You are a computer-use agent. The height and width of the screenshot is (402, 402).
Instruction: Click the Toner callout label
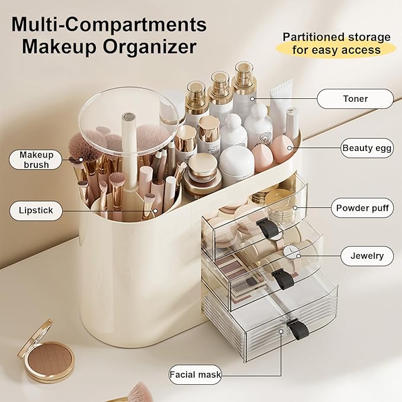(x=355, y=99)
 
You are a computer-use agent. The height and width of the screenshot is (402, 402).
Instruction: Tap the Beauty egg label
(x=367, y=148)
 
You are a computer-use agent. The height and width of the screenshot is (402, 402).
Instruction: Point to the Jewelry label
(x=366, y=256)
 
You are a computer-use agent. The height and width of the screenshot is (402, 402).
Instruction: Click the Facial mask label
(x=195, y=375)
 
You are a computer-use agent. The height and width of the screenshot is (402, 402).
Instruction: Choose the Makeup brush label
(x=36, y=159)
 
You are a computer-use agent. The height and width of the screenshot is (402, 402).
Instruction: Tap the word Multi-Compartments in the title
(x=109, y=24)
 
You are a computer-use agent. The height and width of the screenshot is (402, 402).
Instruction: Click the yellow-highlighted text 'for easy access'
(x=336, y=50)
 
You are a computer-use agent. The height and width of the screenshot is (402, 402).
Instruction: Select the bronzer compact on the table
(x=46, y=352)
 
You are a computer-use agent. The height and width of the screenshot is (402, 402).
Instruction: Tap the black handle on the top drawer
(x=268, y=229)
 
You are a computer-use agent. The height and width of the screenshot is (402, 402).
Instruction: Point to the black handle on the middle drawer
(x=283, y=278)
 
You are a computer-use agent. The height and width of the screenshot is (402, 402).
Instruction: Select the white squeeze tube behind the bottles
(x=281, y=98)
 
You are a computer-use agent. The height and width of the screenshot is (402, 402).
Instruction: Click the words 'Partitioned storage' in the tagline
(x=336, y=37)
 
